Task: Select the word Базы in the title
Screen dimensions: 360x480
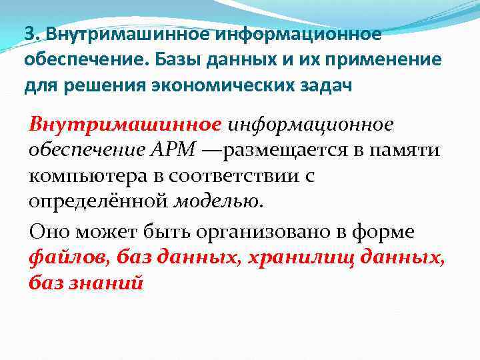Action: pos(179,60)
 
